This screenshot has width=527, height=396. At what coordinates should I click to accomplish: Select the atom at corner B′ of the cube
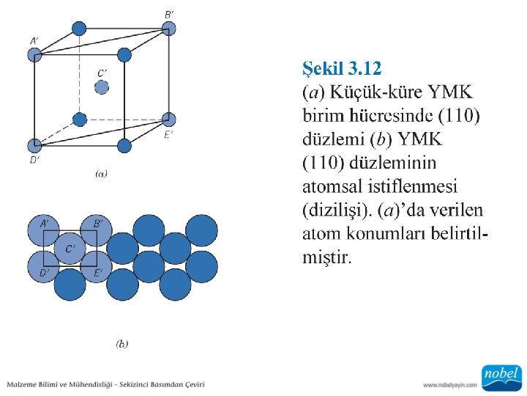pos(169,29)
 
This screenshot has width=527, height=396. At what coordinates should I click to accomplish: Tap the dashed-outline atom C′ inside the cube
pos(102,87)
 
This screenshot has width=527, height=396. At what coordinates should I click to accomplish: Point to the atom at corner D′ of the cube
pos(34,145)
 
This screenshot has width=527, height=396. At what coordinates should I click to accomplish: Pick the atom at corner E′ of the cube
pos(169,120)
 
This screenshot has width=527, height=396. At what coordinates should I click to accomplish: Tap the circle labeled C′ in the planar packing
pos(70,249)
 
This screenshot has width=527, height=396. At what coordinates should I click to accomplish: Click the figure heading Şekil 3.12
pos(342,70)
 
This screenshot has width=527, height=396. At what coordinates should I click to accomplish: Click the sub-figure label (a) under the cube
pos(101,174)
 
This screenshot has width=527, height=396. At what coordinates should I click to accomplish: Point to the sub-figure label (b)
pos(122,342)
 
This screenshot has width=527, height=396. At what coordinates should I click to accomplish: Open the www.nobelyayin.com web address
pos(449,384)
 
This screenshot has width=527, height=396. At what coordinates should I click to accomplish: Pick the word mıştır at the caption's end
pos(326,257)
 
